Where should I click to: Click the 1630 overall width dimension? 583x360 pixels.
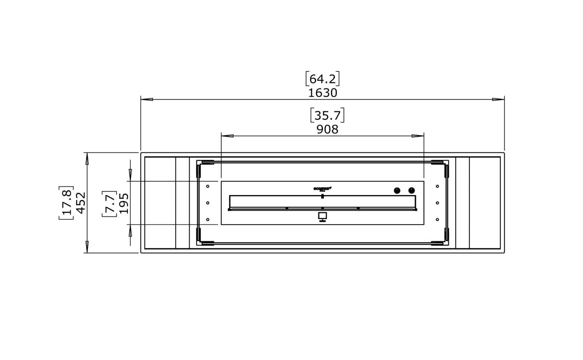coord(322,93)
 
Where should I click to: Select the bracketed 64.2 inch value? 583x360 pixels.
coord(322,79)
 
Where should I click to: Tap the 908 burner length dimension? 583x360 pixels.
coord(327,129)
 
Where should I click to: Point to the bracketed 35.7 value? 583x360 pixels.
coord(327,115)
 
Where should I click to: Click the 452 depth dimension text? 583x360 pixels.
coord(80,203)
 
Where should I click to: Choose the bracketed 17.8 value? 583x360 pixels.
coord(66,203)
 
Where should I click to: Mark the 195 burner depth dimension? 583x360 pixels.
coord(123,203)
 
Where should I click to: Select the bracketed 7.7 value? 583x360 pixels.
coord(109,203)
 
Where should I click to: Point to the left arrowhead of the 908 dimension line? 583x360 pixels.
coord(227,136)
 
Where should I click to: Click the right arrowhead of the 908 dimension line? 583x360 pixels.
coord(418,136)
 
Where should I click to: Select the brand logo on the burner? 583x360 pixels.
coord(322,188)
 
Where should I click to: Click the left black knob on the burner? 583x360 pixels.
coord(397,191)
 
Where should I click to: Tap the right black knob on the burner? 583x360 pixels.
coord(411,191)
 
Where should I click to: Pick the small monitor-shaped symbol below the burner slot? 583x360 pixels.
coord(322,217)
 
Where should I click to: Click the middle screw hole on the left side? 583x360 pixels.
coord(207,203)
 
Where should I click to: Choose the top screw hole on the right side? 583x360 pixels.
coord(437,186)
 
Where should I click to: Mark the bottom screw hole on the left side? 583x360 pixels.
coord(207,219)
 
